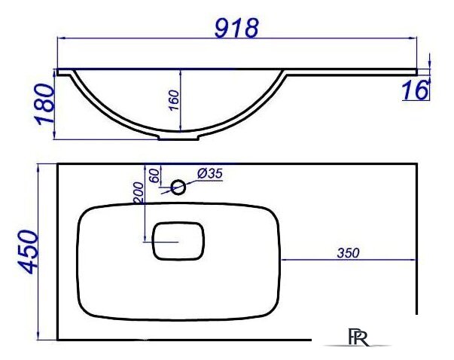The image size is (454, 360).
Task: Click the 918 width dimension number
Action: pyautogui.click(x=236, y=28)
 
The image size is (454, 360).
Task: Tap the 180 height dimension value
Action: pyautogui.click(x=44, y=103)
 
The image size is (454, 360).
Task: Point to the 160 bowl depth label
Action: pyautogui.click(x=174, y=100)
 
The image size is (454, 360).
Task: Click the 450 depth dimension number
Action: pyautogui.click(x=28, y=252)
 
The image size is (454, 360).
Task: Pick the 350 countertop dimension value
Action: pyautogui.click(x=348, y=253)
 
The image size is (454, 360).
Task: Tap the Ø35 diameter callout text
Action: pyautogui.click(x=210, y=174)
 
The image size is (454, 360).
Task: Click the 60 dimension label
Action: pyautogui.click(x=154, y=175)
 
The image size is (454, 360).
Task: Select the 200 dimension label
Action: pyautogui.click(x=138, y=193)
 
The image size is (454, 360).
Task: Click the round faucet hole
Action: pyautogui.click(x=178, y=188)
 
